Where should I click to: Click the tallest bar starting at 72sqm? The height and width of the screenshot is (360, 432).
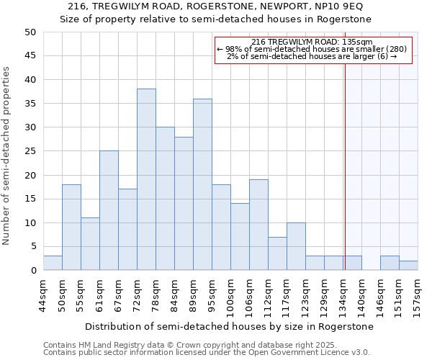[x=146, y=179]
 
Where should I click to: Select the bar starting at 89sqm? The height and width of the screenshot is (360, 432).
[x=202, y=184]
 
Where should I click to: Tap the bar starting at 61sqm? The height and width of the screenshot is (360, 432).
[x=109, y=210]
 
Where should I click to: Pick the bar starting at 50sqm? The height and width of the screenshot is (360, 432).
[x=71, y=228]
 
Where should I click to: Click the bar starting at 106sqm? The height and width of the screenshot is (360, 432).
[x=258, y=225]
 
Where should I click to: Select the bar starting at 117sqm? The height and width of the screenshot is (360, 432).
[x=296, y=246]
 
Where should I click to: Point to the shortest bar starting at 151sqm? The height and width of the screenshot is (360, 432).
[x=408, y=265]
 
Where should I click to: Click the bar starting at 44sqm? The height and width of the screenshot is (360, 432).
[x=53, y=263]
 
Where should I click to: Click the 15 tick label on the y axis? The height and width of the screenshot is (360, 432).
[x=30, y=199]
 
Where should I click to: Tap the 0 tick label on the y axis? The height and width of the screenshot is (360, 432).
[x=33, y=271]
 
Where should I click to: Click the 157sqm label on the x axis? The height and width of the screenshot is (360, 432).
[x=418, y=294]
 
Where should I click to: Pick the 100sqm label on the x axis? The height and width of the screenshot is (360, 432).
[x=231, y=294]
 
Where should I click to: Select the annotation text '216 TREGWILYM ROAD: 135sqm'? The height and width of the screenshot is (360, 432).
[x=312, y=42]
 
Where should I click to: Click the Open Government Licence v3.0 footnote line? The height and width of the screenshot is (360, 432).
[x=206, y=352]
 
